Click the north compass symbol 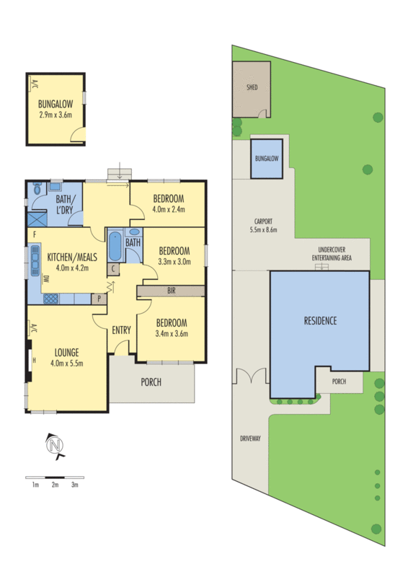[x=54, y=446]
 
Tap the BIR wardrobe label [x=171, y=291]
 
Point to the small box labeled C [x=113, y=268]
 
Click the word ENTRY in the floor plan [x=121, y=330]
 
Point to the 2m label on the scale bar [x=55, y=485]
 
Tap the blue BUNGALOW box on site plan [x=266, y=159]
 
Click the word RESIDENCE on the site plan [x=319, y=321]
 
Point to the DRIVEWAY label [x=249, y=439]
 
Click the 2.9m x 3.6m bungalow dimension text [x=56, y=114]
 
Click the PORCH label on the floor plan [x=151, y=382]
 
